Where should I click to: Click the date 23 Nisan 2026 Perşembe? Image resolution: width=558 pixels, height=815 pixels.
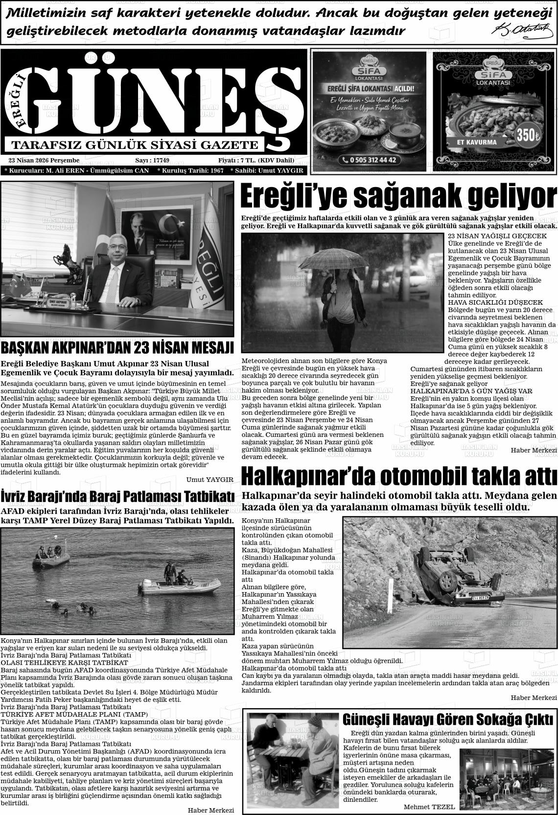click(x=44, y=161)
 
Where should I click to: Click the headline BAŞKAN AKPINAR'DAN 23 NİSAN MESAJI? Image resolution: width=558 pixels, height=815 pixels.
click(x=117, y=348)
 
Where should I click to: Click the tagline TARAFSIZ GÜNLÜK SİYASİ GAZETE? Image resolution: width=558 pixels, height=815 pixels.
click(x=135, y=145)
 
